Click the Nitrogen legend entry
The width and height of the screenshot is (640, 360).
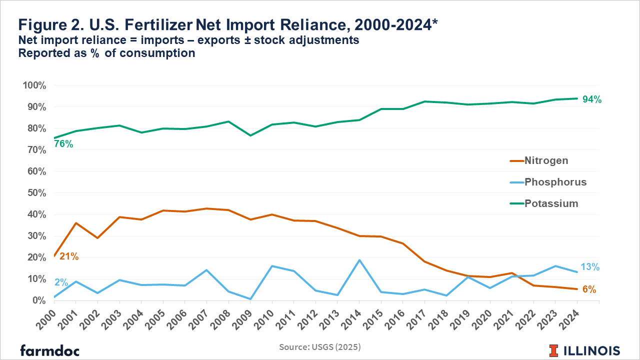click(546, 160)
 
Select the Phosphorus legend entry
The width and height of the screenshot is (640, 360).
click(555, 182)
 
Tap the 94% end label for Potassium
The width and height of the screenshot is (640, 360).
click(592, 99)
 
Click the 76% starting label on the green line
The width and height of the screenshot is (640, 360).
click(63, 144)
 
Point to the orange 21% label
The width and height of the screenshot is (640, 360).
click(69, 256)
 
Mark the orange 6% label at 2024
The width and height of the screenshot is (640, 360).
click(589, 289)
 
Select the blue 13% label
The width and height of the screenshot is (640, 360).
click(590, 267)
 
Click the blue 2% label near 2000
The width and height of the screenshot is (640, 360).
click(61, 282)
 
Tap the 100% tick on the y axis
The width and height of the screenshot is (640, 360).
click(34, 85)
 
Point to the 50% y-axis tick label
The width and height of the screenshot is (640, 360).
click(36, 193)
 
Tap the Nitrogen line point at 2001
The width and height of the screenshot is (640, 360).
click(75, 223)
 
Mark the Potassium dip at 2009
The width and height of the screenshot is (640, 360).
click(250, 135)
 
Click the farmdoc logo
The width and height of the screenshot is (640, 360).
click(49, 350)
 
